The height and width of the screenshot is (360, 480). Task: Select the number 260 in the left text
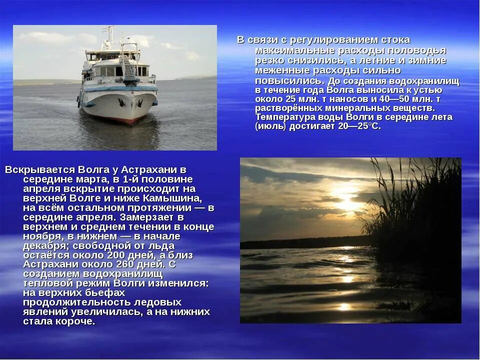click(x=127, y=264)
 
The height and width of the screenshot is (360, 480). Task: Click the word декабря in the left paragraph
click(x=45, y=245)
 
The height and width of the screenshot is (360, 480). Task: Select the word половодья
click(x=417, y=50)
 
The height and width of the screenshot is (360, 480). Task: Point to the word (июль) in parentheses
click(x=270, y=126)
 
